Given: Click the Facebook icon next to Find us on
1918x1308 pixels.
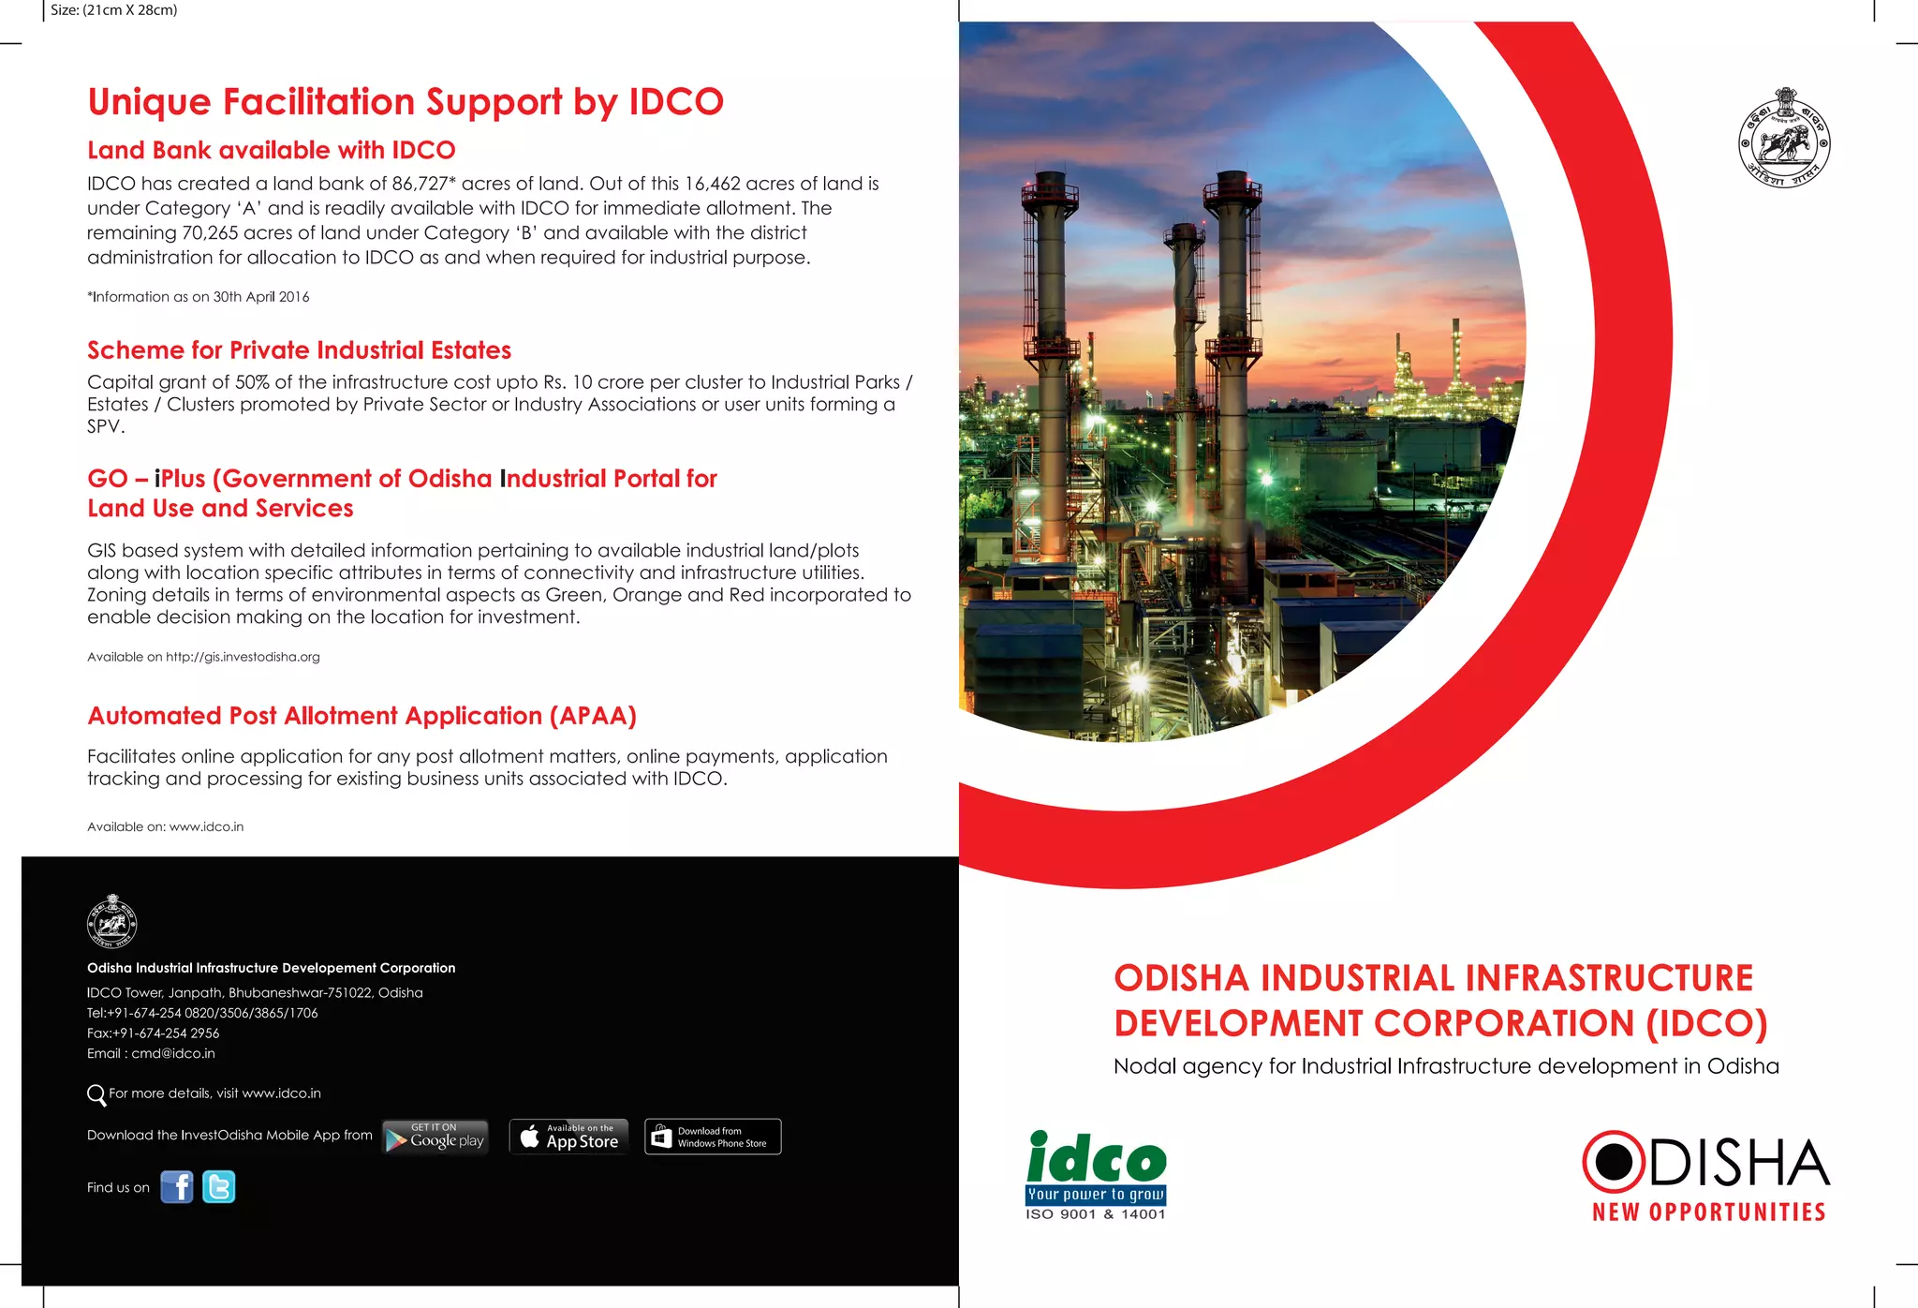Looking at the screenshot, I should [x=176, y=1187].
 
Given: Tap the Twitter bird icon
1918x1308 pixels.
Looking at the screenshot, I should [x=219, y=1187].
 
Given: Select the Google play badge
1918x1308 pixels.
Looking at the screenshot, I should [x=435, y=1137].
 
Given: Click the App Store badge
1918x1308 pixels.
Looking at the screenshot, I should [x=569, y=1137].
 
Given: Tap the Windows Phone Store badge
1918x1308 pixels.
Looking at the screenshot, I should [x=713, y=1137].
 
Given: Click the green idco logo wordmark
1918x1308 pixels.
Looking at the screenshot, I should [x=1096, y=1159].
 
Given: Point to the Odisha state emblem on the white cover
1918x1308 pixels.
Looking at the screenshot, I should [x=1783, y=139].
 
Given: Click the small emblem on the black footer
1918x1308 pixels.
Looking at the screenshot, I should [x=111, y=922].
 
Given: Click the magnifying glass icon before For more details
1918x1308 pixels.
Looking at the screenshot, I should [x=96, y=1094].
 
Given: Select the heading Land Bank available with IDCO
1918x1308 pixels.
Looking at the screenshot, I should [x=272, y=150].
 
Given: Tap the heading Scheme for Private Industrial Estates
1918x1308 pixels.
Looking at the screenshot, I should [x=299, y=350].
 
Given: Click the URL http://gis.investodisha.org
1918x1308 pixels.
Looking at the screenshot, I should [x=243, y=657].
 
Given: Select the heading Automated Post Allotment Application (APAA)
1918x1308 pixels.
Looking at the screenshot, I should [x=361, y=716].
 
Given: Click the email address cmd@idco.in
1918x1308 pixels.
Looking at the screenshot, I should [x=173, y=1053].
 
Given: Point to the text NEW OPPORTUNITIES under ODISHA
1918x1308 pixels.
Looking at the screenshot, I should [x=1709, y=1212].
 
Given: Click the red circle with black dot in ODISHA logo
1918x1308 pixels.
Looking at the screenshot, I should [x=1613, y=1162].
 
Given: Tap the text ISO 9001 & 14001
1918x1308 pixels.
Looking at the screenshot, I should [x=1096, y=1214].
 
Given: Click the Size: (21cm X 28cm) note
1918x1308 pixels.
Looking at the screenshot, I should [x=113, y=10].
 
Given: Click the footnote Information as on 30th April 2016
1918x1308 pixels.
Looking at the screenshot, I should [x=199, y=297].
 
